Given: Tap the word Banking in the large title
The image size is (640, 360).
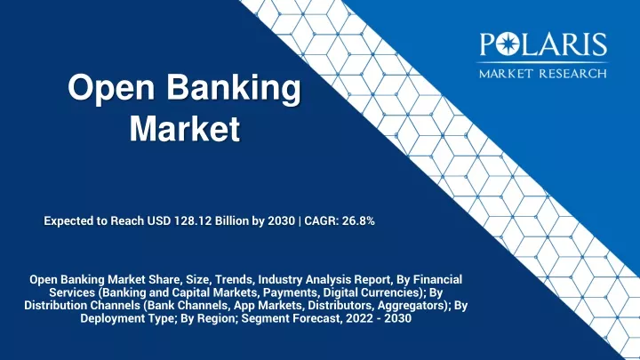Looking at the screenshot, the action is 234,89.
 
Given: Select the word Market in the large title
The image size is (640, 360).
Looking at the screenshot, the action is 185,129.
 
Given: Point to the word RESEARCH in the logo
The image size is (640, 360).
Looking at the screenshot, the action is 573,74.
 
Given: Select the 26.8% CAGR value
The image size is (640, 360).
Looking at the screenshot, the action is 358,220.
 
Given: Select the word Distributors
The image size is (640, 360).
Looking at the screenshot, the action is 340,305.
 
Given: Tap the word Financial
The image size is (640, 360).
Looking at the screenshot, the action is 437,280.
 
